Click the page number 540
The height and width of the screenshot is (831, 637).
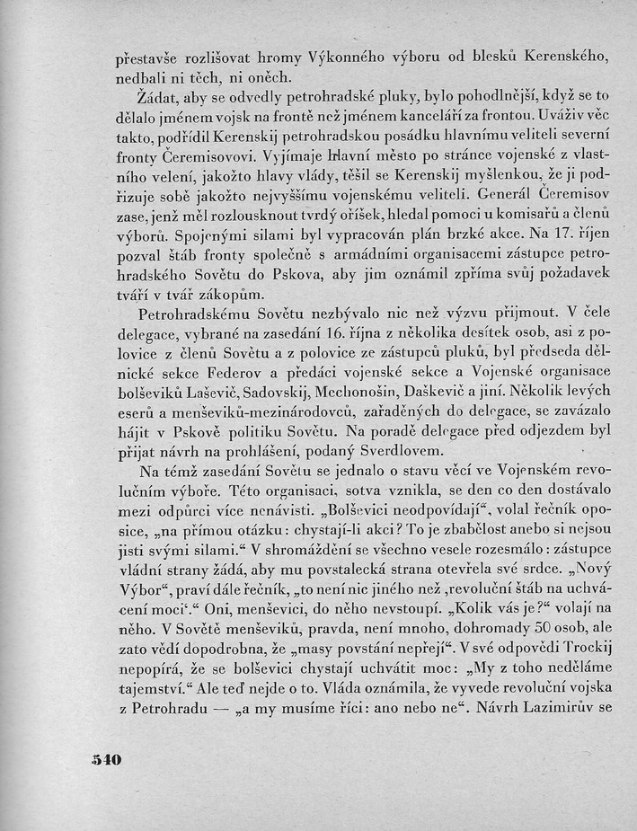(x=106, y=759)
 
